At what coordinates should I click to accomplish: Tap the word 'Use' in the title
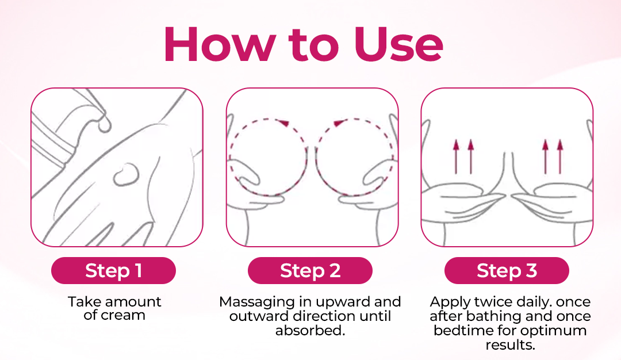[x=398, y=44]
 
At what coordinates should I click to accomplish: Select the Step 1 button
[x=113, y=270]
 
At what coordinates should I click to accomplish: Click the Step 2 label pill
[x=310, y=270]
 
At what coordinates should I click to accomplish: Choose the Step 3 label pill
[x=507, y=270]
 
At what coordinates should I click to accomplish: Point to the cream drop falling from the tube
[x=105, y=122]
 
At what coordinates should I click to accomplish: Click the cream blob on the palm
[x=126, y=175]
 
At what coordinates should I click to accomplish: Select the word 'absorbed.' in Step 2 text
[x=310, y=330]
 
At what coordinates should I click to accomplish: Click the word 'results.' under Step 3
[x=510, y=345]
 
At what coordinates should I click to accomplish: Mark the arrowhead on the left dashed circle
[x=283, y=122]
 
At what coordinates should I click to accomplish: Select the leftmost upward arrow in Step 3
[x=456, y=156]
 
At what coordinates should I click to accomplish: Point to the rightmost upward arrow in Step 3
[x=560, y=156]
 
